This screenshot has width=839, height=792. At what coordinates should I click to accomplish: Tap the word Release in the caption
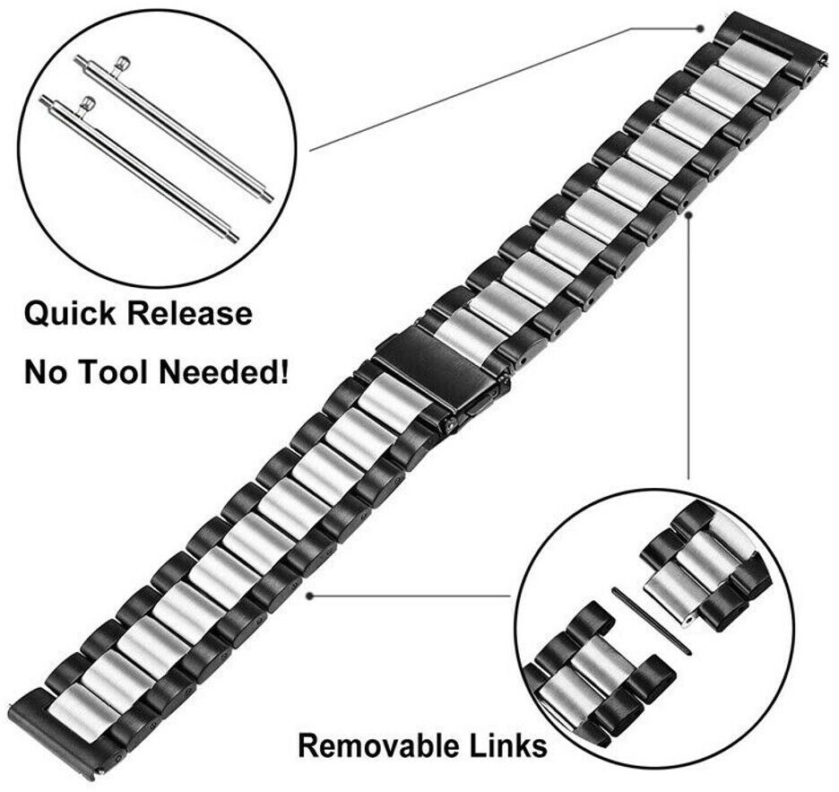pyautogui.click(x=190, y=315)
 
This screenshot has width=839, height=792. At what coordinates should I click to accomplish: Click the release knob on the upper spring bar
pyautogui.click(x=122, y=65)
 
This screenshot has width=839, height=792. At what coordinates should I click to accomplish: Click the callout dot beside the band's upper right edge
pyautogui.click(x=688, y=213)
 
